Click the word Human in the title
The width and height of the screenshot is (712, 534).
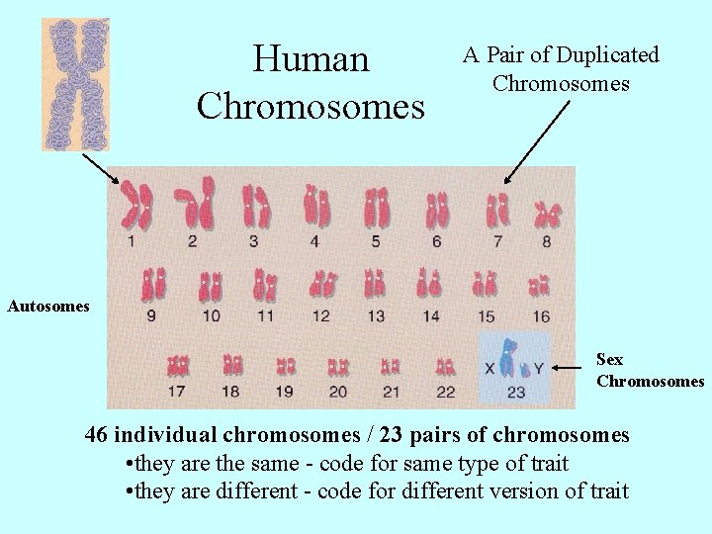[x=311, y=58]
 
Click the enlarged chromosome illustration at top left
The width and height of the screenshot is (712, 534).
[x=74, y=84]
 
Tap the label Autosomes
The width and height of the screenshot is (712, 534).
[x=48, y=307]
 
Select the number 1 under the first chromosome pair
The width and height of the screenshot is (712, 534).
[x=132, y=240]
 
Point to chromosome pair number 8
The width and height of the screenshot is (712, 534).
[x=547, y=214]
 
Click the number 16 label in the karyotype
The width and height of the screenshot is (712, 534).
[x=540, y=316]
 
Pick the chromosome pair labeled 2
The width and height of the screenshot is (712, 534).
[x=195, y=203]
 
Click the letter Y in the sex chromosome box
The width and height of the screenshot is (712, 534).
[x=539, y=368]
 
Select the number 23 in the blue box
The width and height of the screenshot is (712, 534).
[x=515, y=392]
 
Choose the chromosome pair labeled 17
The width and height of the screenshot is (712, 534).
[x=178, y=366]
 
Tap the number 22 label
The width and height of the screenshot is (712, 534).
[x=445, y=392]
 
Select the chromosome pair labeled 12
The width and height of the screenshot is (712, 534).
[x=322, y=285]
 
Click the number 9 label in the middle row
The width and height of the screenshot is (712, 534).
[x=150, y=316]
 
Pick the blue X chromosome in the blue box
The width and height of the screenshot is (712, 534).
[x=508, y=358]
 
